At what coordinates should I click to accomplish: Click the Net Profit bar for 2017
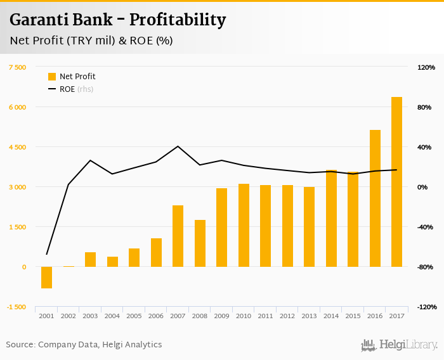[x=396, y=182]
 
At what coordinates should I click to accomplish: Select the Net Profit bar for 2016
[x=375, y=198]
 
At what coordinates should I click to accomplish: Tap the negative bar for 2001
[x=46, y=278]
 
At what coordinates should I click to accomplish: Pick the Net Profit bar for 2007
[x=178, y=236]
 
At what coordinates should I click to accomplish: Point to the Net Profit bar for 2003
[x=90, y=259]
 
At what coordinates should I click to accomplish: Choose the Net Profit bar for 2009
[x=221, y=228]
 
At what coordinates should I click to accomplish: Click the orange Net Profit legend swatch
[x=52, y=77]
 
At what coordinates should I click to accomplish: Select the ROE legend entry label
[x=67, y=89]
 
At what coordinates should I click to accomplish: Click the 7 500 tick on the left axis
[x=17, y=67]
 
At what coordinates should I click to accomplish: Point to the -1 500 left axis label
[x=17, y=307]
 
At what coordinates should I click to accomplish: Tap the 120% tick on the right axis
[x=426, y=67]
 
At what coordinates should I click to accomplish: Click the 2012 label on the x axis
[x=287, y=316]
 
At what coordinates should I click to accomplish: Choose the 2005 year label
[x=134, y=316]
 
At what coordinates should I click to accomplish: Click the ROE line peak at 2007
[x=178, y=146]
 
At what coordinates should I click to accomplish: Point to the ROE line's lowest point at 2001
[x=46, y=254]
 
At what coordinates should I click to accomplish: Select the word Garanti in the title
[x=36, y=20]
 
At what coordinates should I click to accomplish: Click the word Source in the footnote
[x=20, y=345]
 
